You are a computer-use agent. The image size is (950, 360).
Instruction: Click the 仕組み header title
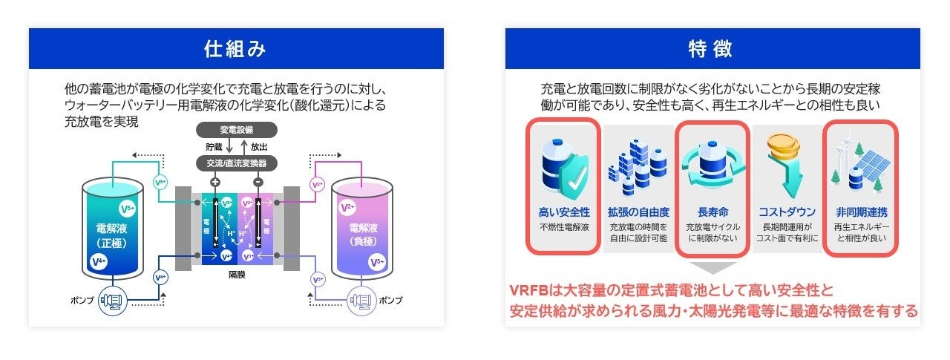point(236,49)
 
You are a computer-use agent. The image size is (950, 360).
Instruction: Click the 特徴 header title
point(712,49)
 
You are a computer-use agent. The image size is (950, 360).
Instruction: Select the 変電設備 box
point(237,129)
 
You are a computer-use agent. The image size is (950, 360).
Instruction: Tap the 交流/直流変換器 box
point(237,162)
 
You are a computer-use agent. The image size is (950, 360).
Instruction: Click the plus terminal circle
point(216,181)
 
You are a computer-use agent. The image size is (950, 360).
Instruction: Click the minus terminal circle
point(258,181)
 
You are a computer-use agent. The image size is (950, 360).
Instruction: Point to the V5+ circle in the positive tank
point(128,209)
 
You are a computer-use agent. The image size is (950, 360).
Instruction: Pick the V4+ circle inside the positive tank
point(97,261)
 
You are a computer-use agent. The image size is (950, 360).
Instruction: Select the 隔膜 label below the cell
point(237,275)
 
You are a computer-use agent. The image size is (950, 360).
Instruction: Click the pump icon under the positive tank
point(114,301)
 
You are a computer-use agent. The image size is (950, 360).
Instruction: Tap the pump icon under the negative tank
point(360,301)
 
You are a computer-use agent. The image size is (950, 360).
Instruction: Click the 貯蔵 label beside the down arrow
point(214,146)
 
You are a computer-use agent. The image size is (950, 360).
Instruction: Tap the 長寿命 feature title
point(712,212)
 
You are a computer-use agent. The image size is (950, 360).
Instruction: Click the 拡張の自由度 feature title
point(638,212)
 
